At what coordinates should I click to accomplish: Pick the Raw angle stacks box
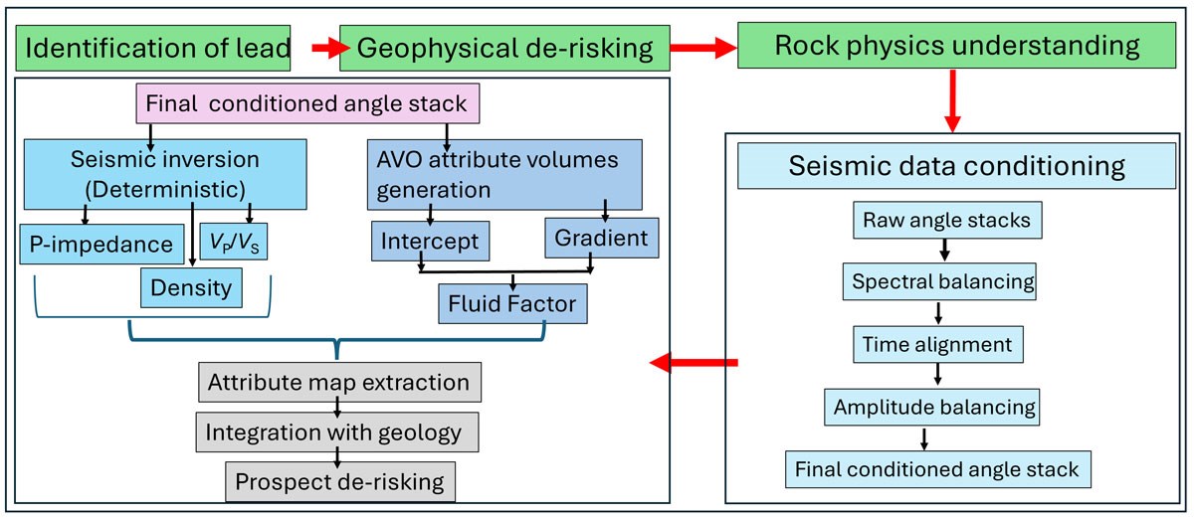coord(946,221)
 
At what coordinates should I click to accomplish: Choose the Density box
coord(190,288)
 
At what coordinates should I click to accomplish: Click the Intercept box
coord(428,241)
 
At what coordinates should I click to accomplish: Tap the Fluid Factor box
coord(512,304)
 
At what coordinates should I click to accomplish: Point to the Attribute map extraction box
coord(338,382)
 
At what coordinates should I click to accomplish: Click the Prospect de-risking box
coord(339,482)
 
